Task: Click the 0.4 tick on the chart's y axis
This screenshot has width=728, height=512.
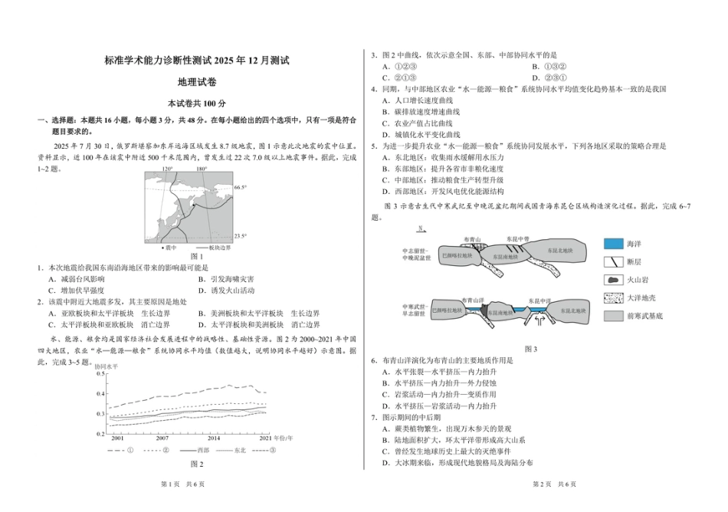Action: (100, 394)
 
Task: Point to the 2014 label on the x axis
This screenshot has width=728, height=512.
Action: (214, 438)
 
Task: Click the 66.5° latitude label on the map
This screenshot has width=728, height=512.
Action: (240, 187)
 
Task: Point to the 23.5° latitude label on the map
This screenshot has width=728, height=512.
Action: (240, 236)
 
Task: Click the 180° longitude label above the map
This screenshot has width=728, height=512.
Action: (202, 169)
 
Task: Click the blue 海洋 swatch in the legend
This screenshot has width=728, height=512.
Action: (614, 243)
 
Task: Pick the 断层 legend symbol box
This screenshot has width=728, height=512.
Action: (614, 261)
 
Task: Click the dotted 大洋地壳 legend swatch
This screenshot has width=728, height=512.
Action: (614, 297)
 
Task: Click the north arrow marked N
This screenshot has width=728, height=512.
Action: (421, 231)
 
